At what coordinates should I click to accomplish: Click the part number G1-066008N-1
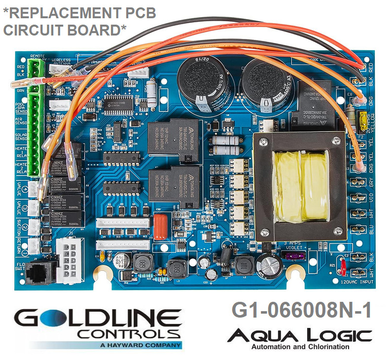[x=301, y=311]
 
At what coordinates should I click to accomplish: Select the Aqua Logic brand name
[x=299, y=336]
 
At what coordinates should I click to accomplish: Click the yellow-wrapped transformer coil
[x=302, y=186]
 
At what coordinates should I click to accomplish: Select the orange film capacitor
[x=161, y=229]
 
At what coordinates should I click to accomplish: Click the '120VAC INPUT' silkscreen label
[x=354, y=282]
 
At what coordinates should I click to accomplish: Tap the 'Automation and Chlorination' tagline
[x=300, y=347]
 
